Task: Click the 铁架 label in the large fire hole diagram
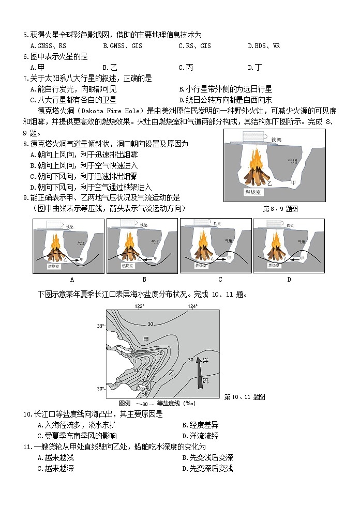[x=277, y=140]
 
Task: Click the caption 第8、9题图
[x=280, y=208]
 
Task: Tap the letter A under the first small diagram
[x=72, y=280]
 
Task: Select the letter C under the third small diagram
[x=220, y=280]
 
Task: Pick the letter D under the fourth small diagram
[x=289, y=280]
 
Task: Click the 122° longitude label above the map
[x=140, y=306]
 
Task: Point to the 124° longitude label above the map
[x=192, y=306]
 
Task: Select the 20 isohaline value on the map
[x=160, y=353]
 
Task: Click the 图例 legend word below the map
[x=124, y=403]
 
